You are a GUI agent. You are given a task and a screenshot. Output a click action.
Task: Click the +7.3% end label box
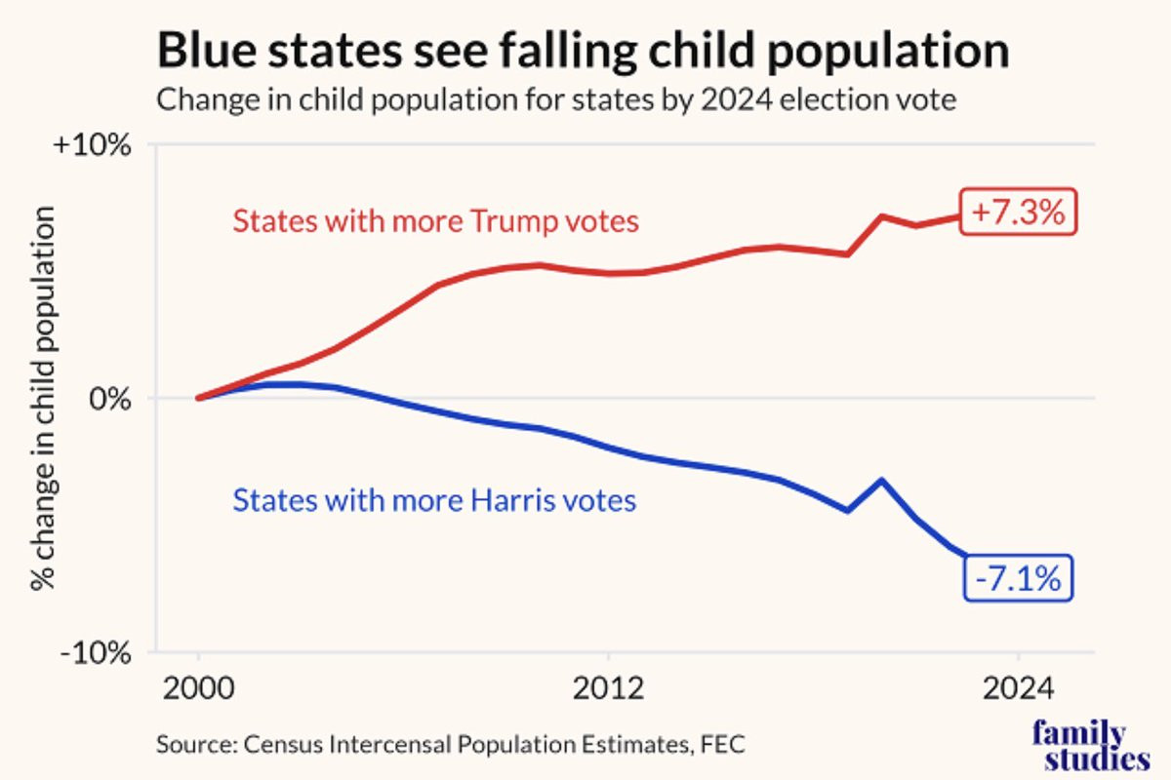1019,212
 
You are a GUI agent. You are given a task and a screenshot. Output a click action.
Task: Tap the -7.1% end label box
1018,578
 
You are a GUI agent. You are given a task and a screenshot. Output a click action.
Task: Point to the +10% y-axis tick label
92,144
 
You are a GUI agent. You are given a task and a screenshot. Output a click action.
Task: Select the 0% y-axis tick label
109,399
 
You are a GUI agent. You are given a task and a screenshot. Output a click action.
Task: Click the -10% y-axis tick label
96,652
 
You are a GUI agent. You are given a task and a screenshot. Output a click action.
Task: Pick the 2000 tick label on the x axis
199,688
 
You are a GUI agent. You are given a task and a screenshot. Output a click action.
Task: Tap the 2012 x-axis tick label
609,688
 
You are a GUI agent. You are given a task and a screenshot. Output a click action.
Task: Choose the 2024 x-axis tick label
1019,688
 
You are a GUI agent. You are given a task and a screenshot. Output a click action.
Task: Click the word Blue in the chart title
208,50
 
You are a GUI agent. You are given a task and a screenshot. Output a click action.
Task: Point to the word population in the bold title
889,53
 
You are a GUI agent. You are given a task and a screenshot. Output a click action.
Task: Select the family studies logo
1091,745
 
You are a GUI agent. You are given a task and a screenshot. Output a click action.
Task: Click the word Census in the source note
283,744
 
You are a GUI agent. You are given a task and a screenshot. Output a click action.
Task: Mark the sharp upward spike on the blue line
882,480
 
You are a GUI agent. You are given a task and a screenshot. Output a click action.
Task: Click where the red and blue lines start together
199,398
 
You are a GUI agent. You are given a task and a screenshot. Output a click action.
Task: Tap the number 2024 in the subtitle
737,98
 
